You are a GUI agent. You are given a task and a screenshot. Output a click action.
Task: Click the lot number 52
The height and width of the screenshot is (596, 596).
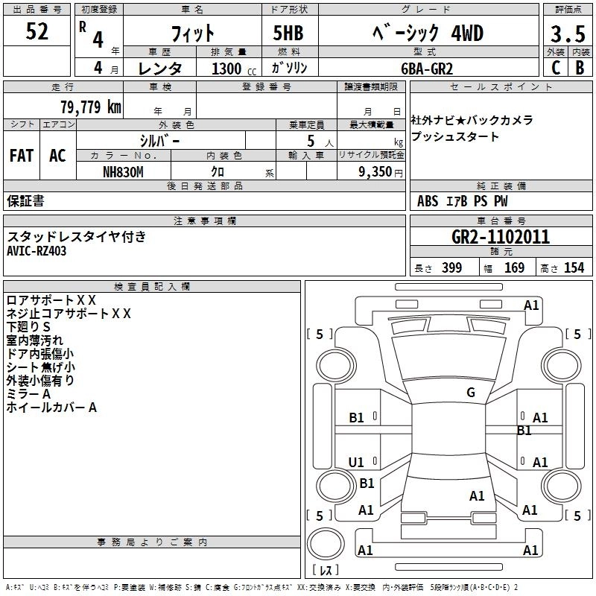point(37,32)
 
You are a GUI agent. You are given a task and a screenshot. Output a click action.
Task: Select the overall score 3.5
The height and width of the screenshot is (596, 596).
point(567,34)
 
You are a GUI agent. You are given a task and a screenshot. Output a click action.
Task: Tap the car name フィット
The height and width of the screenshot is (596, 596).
point(193,34)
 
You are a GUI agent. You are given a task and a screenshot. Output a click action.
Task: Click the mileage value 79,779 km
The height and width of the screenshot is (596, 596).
point(90,107)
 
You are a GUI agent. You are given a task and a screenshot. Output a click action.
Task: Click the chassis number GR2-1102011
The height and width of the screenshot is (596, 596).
point(501,237)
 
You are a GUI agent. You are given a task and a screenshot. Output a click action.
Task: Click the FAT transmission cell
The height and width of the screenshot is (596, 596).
point(21,156)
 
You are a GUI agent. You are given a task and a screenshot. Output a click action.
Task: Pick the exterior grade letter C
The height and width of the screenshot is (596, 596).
point(555,68)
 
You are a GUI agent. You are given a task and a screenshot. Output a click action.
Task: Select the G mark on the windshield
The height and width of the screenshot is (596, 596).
point(470,393)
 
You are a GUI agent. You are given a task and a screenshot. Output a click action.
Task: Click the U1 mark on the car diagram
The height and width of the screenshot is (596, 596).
point(357,463)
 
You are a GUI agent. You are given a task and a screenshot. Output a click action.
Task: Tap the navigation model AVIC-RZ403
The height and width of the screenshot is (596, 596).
point(37,251)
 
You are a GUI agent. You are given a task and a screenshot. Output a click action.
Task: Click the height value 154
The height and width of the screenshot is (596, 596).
point(574,268)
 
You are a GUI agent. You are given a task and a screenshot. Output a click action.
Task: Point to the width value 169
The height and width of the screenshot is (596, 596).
point(514,268)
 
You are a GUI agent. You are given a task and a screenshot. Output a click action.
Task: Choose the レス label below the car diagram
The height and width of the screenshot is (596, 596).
point(326,570)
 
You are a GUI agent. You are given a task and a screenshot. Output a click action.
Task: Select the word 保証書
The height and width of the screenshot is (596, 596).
point(25,201)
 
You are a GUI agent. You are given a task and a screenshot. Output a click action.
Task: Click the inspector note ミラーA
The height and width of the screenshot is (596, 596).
point(28,393)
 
